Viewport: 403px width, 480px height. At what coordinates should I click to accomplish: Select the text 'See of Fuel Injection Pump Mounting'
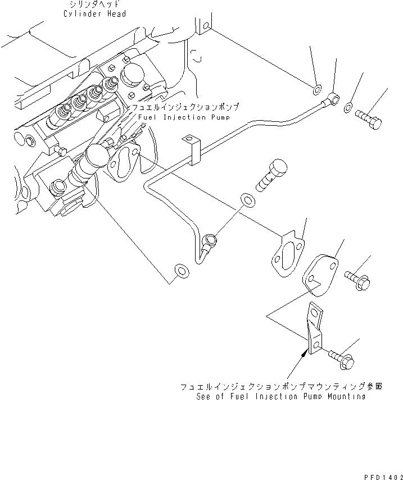point(281,396)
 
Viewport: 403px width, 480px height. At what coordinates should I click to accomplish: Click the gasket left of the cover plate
point(286,255)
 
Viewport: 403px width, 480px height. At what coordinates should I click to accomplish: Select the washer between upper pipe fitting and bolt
point(349,107)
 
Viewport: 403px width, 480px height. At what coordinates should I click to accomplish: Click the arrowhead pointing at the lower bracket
point(306,353)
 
